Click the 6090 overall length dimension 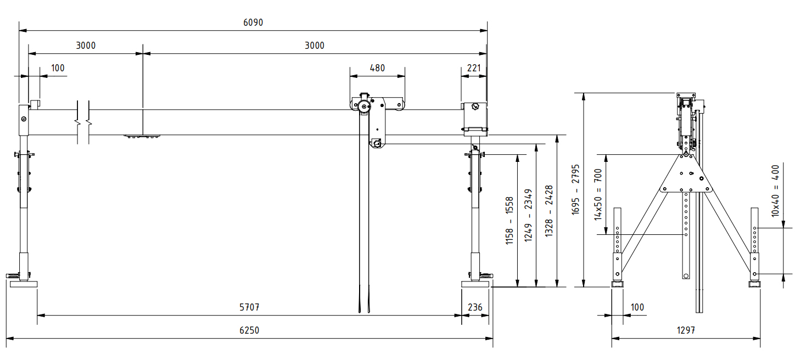253,23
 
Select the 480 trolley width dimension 377,68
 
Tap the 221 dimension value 474,68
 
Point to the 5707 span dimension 249,307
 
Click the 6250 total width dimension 249,330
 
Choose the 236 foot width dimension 475,307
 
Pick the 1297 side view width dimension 686,330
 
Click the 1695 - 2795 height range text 575,189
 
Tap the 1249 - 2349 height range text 528,215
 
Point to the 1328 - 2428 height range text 548,211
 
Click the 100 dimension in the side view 637,307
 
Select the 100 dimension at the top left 58,68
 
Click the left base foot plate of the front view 24,284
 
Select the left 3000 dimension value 86,46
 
